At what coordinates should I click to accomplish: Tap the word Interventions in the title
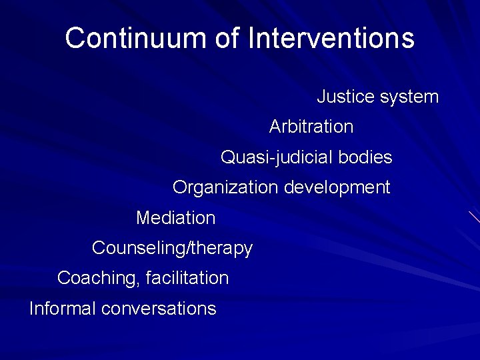pos(331,38)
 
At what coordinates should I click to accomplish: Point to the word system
pos(409,97)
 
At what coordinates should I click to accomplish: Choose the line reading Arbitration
pos(311,126)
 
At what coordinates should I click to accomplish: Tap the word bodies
pos(365,157)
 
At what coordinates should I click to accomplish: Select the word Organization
pos(226,188)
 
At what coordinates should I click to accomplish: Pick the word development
pos(337,188)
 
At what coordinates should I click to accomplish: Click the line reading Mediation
pos(176,218)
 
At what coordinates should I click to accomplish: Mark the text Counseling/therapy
pos(172,249)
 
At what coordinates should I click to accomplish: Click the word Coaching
pos(98,278)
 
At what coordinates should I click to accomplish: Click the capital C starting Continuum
pos(75,38)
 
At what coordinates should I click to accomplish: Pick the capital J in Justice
pos(321,97)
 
